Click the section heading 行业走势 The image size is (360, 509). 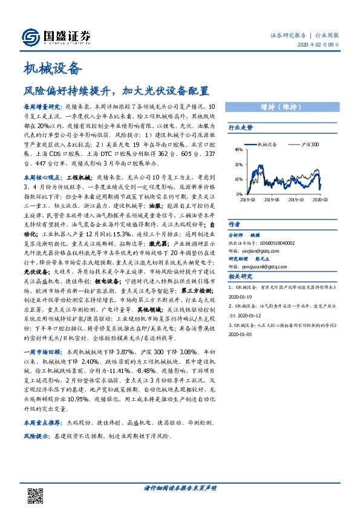click(240, 128)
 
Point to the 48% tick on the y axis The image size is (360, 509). click(238, 149)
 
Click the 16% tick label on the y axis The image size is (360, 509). click(238, 179)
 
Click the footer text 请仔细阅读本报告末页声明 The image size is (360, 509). click(180, 488)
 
